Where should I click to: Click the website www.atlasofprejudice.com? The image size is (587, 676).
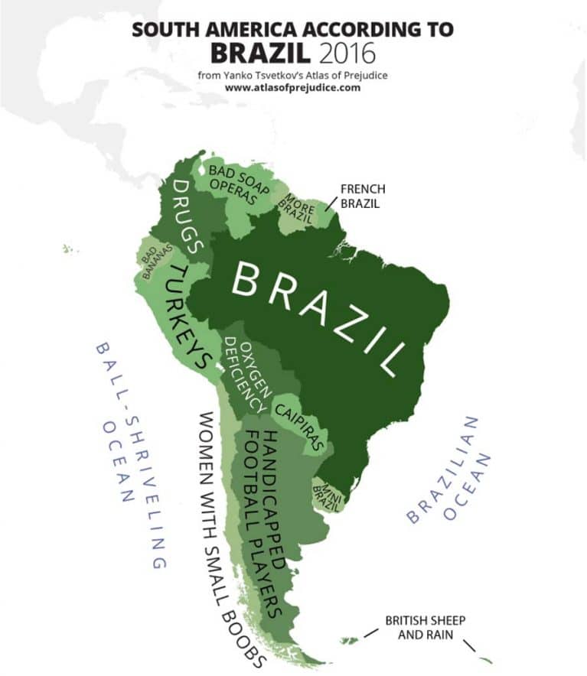(x=292, y=87)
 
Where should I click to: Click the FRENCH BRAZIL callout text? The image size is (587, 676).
(x=362, y=197)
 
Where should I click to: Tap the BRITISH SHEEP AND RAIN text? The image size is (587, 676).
(x=425, y=626)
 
